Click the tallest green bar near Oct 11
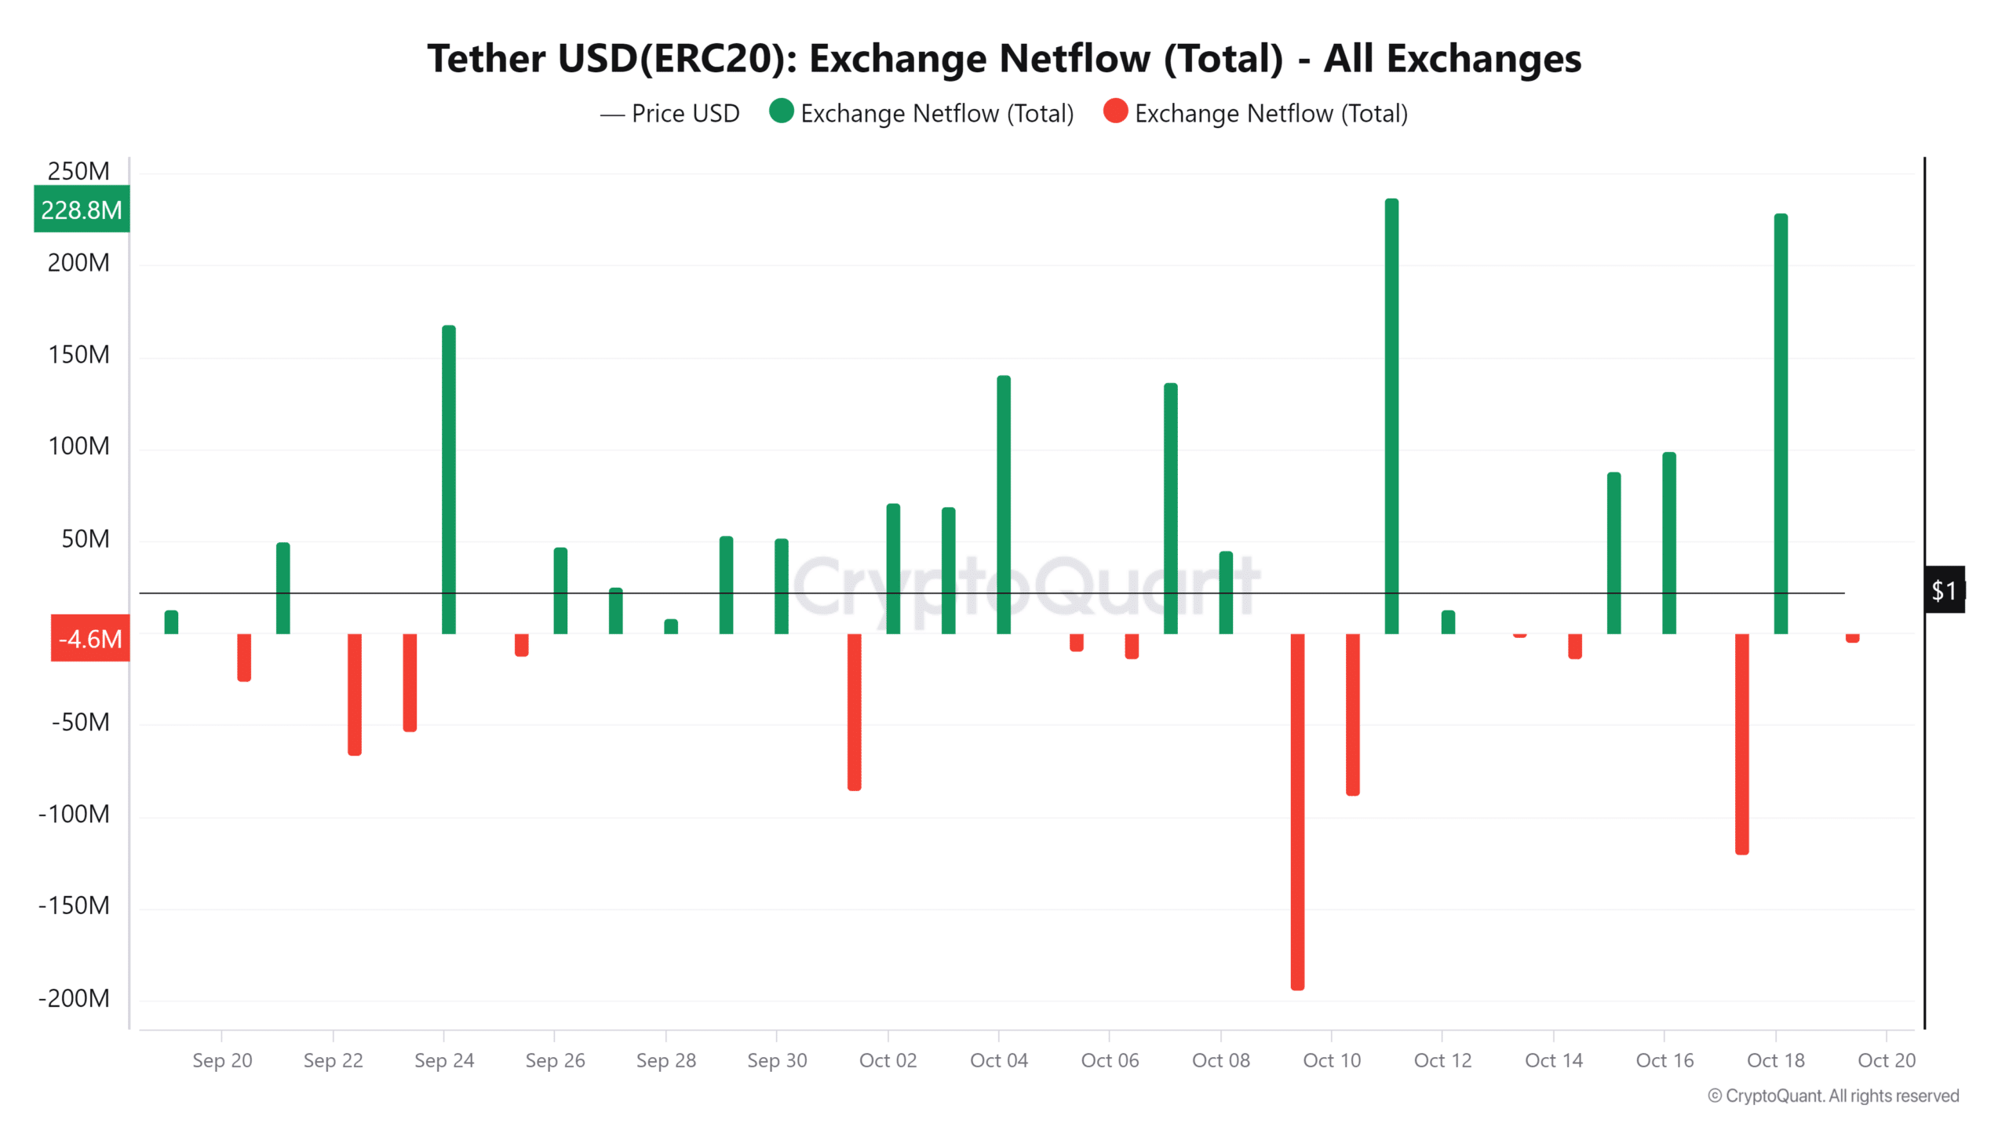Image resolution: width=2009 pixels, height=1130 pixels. (1391, 416)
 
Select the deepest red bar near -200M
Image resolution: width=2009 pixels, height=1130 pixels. (1297, 812)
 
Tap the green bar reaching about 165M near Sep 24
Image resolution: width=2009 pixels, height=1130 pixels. (448, 479)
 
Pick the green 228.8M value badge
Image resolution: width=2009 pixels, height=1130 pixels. (82, 210)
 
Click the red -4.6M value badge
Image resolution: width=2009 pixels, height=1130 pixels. (90, 639)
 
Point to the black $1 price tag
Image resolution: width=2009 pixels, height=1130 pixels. (1944, 590)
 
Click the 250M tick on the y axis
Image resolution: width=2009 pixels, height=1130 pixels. (78, 171)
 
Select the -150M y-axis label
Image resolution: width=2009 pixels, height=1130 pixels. (75, 906)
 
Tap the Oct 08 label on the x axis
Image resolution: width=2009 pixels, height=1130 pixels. (1220, 1060)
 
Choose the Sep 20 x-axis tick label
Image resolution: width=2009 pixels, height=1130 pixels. (222, 1060)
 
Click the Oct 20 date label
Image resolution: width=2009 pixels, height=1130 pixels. (1886, 1060)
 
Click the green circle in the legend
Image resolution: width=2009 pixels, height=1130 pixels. (782, 111)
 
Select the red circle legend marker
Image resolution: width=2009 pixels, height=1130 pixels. (1115, 111)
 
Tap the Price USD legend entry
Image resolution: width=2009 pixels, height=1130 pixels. (670, 114)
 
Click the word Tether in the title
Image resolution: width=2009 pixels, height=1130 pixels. (487, 59)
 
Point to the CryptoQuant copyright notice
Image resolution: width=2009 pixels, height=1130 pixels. (1833, 1095)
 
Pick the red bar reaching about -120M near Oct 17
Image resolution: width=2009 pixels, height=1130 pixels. (1741, 743)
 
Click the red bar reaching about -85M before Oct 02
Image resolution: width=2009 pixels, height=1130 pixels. (854, 712)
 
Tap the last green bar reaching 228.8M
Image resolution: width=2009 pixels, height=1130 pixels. (1781, 424)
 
